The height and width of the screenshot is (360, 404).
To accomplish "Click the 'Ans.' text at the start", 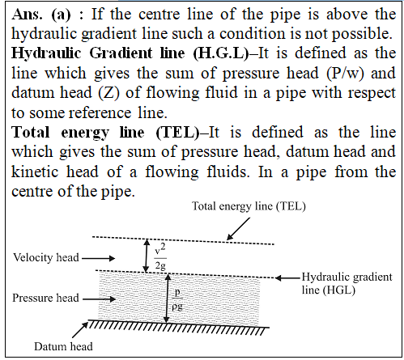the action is tap(27, 14).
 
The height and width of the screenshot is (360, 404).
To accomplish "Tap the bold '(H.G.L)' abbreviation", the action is tap(221, 53).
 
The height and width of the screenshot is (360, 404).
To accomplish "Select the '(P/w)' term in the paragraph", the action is tap(345, 73).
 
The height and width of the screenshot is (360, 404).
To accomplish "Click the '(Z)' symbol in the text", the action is tap(108, 93).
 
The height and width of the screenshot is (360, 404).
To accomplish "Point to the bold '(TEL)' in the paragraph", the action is tap(177, 133).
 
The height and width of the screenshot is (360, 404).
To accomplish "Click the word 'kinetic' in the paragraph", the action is tap(35, 172).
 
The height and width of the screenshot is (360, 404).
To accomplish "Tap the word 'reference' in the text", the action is tap(100, 112).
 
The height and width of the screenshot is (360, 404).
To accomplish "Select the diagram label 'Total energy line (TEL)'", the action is tap(249, 206).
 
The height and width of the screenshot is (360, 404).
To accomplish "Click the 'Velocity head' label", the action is tap(46, 257).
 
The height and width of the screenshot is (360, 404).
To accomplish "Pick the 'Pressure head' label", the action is tap(46, 298).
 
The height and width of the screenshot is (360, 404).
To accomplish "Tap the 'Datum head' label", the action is tap(63, 346).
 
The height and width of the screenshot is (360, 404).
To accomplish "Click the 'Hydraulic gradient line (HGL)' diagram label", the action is tap(347, 283).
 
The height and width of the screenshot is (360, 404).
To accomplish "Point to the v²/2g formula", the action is tap(160, 256).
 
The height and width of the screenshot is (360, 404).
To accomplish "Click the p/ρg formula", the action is tap(177, 300).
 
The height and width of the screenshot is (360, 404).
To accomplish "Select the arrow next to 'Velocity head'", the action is tap(99, 258).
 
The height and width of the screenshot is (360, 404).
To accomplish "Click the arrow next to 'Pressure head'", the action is tap(99, 299).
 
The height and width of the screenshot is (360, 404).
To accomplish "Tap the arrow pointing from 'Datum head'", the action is tap(80, 329).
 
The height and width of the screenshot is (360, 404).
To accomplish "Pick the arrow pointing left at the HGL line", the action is tap(287, 277).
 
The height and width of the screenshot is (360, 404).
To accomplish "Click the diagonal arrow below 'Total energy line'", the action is tap(238, 229).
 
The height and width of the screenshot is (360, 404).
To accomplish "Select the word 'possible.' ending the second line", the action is tap(362, 34).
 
